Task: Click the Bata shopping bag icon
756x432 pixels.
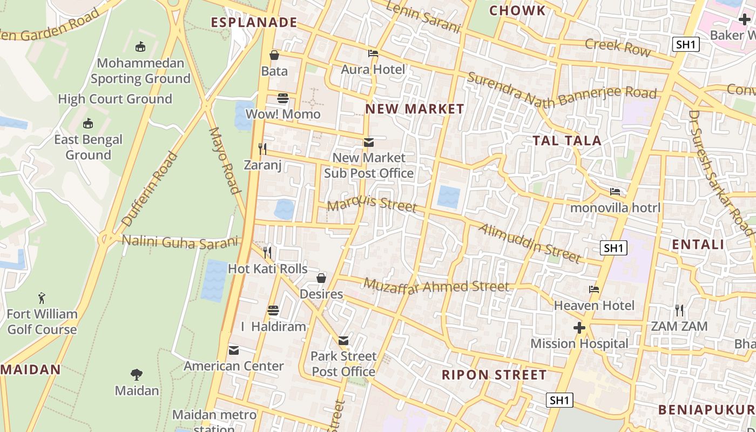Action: point(274,55)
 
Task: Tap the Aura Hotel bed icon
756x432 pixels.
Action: point(373,53)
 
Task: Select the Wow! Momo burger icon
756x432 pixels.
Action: point(283,98)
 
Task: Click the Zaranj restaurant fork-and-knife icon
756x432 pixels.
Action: point(262,148)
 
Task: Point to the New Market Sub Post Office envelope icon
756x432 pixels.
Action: point(369,143)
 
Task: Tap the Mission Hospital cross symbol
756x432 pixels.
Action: point(579,328)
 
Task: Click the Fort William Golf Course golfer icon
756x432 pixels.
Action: point(42,298)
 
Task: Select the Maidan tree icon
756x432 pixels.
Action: point(137,374)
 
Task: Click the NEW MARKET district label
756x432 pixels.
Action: point(414,109)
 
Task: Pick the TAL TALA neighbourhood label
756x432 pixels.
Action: point(567,141)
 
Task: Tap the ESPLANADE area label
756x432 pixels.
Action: point(254,23)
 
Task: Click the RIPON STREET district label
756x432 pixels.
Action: point(494,375)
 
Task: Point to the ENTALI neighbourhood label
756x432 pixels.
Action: point(698,245)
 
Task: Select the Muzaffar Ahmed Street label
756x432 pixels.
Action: point(436,286)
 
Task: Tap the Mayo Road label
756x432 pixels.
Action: point(224,160)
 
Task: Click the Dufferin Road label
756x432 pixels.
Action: point(150,189)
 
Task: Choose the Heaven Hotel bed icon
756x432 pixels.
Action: point(594,289)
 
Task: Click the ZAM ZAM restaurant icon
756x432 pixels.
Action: point(679,310)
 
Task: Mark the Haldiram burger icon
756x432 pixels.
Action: point(273,310)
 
